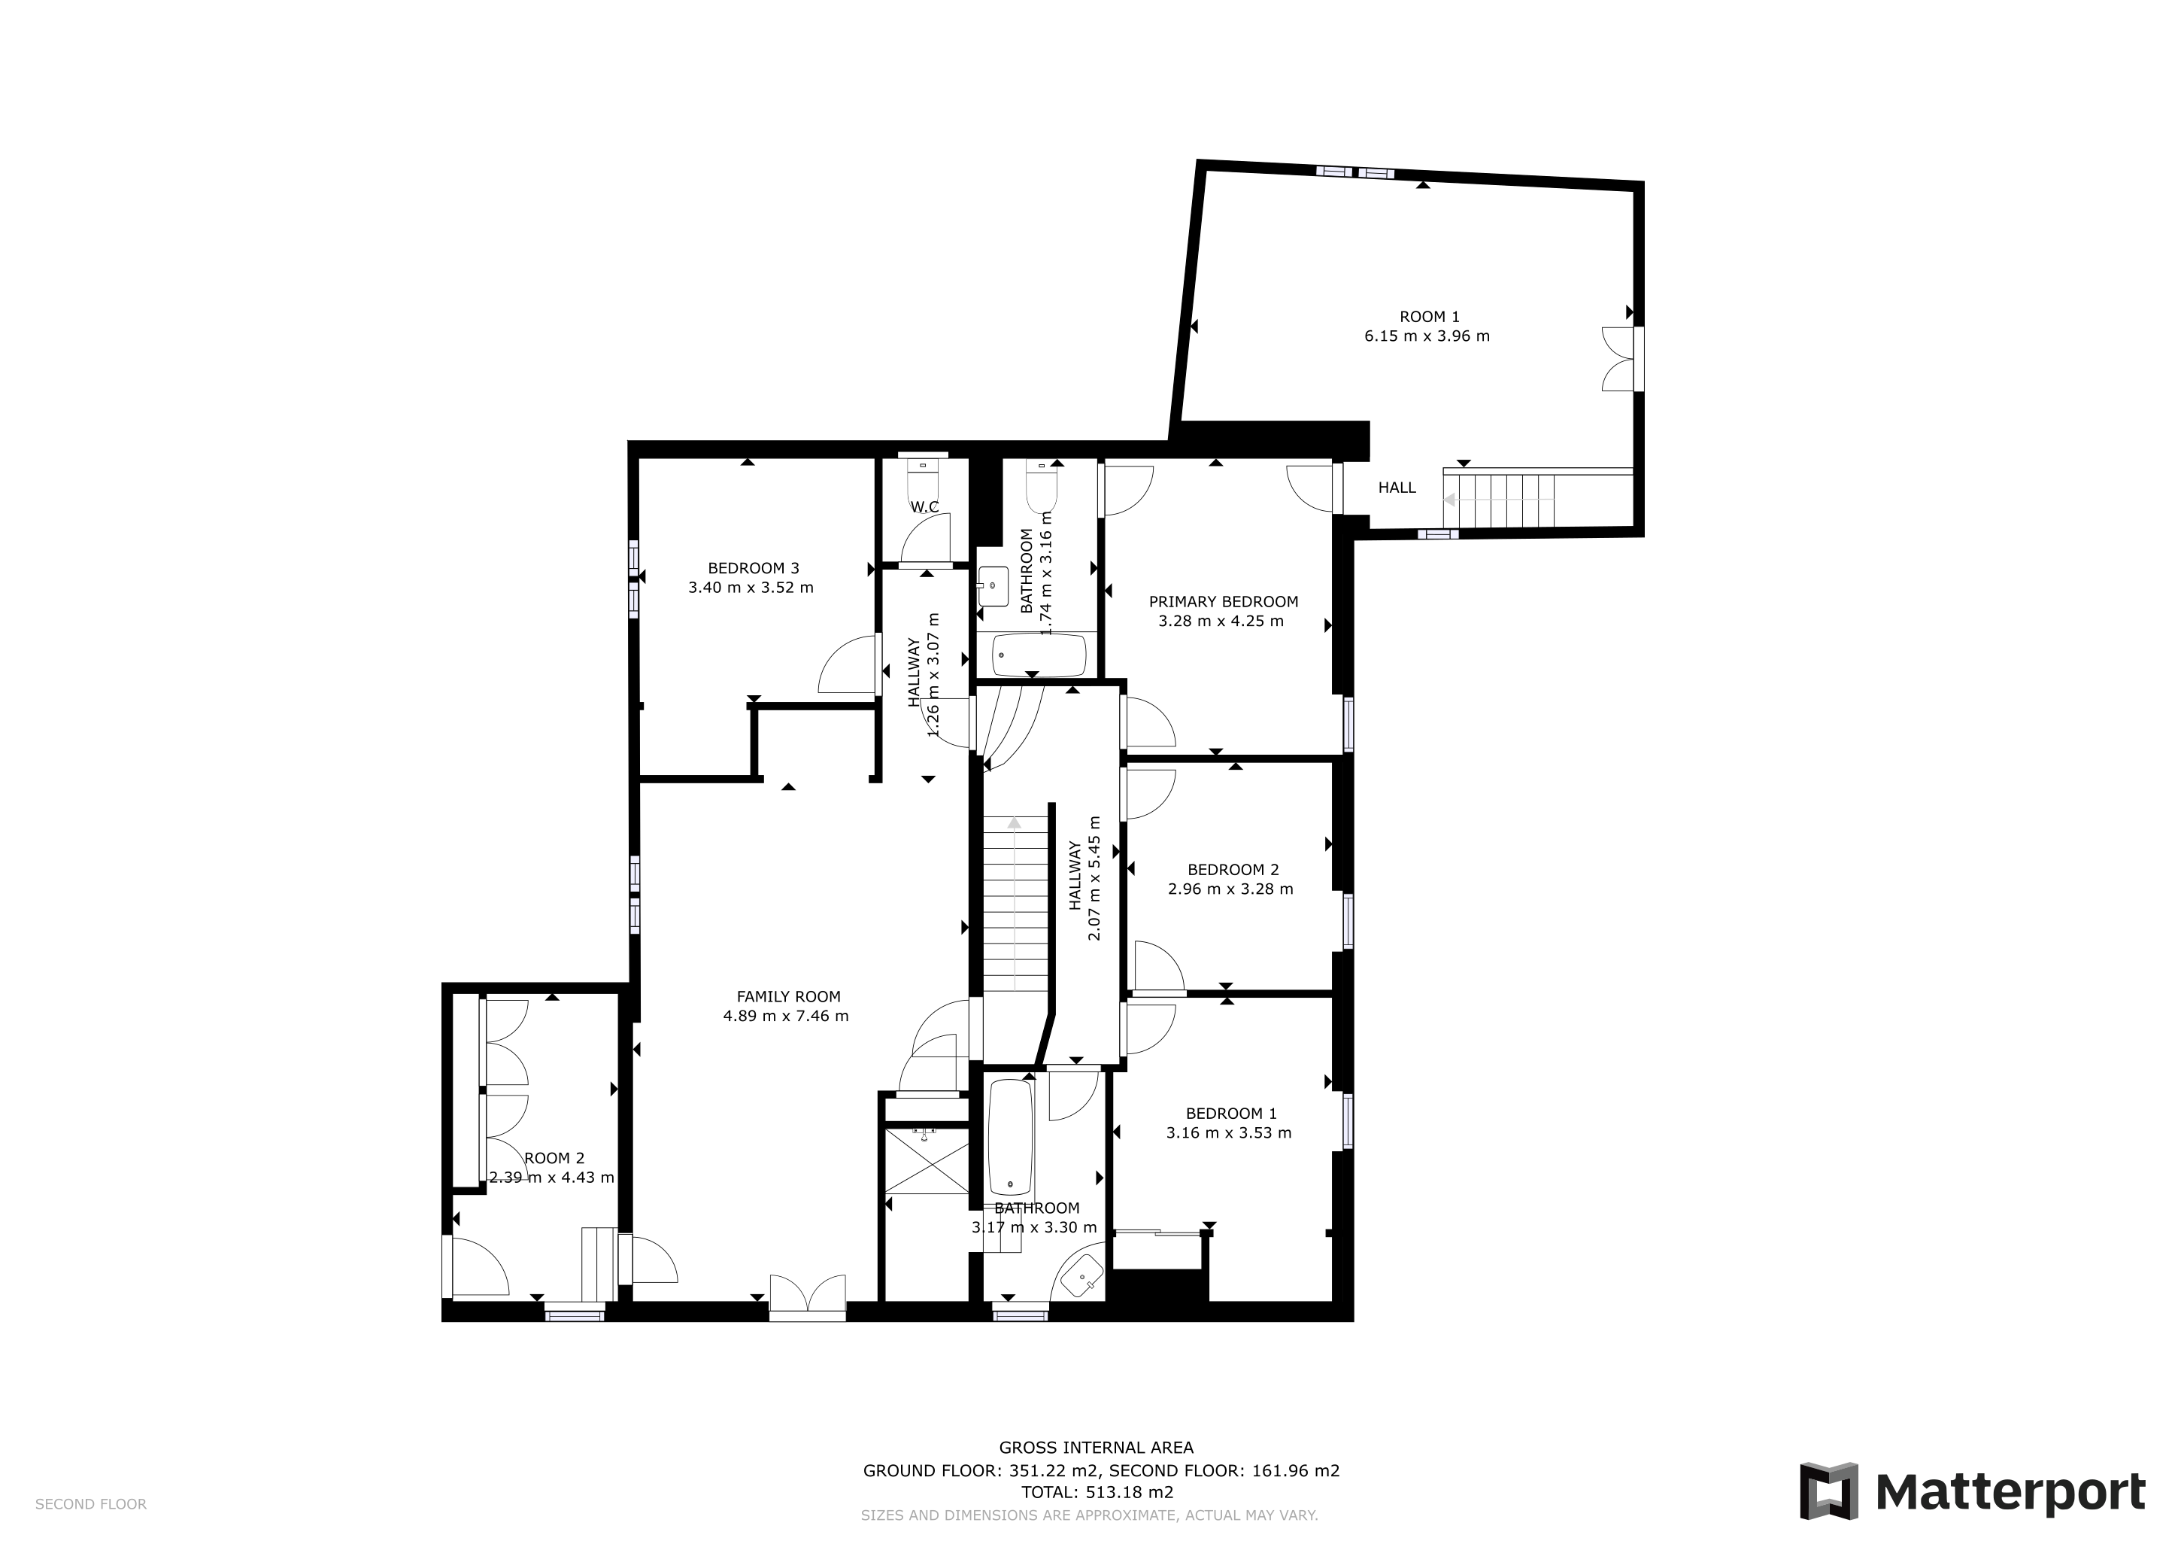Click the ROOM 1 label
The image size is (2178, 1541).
click(1429, 317)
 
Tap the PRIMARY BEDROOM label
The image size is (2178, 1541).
click(1223, 602)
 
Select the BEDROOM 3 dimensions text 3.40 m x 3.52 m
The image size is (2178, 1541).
click(751, 588)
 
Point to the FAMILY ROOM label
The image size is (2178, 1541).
click(788, 996)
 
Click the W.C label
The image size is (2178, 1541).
click(925, 508)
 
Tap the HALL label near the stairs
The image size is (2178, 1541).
click(1397, 488)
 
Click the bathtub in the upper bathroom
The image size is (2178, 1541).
click(1039, 654)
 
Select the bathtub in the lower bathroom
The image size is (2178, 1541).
click(1010, 1138)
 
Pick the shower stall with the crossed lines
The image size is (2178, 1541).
click(926, 1160)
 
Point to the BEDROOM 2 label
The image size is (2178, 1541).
click(1233, 869)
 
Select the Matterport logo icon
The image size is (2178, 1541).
click(1829, 1491)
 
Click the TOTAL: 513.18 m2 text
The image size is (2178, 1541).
click(1097, 1491)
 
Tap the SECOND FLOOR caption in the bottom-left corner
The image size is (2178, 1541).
click(91, 1504)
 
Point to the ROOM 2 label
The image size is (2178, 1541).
click(554, 1158)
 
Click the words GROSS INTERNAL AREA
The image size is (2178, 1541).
click(1096, 1447)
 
